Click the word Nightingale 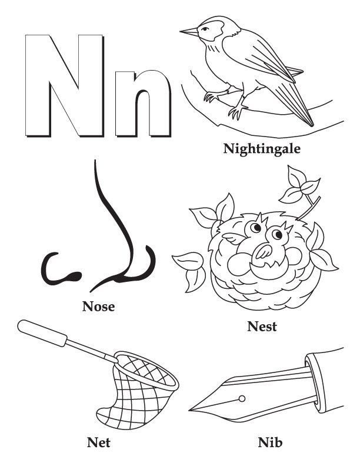(x=262, y=148)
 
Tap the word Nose (x=99, y=306)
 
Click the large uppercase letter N (x=61, y=85)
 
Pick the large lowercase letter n (x=143, y=101)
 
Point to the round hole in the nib (x=242, y=400)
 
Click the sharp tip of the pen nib (x=191, y=410)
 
